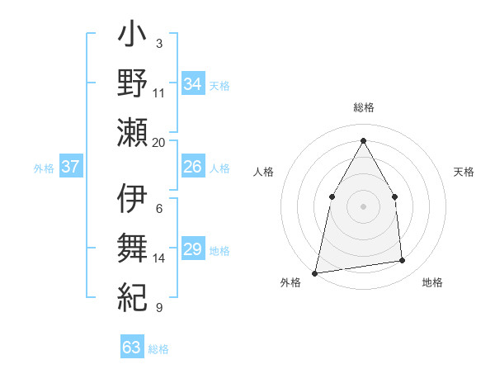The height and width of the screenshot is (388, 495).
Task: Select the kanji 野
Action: pyautogui.click(x=132, y=85)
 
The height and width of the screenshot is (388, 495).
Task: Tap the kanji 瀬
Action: pyautogui.click(x=132, y=131)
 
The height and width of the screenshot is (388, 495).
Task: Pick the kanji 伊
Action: pyautogui.click(x=132, y=199)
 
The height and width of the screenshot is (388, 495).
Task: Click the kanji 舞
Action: pyautogui.click(x=132, y=246)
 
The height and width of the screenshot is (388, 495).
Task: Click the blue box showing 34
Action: pyautogui.click(x=193, y=84)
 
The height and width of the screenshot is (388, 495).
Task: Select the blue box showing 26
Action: pyautogui.click(x=193, y=168)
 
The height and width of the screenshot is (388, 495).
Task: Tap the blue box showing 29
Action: pyautogui.click(x=193, y=249)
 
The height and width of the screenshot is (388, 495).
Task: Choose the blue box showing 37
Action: pyautogui.click(x=71, y=168)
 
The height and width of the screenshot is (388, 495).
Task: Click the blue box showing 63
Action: pyautogui.click(x=132, y=348)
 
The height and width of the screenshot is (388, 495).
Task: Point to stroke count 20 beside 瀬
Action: pyautogui.click(x=159, y=143)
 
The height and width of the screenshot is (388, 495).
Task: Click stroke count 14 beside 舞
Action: pyautogui.click(x=159, y=258)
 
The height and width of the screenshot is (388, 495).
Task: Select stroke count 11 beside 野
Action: pyautogui.click(x=159, y=92)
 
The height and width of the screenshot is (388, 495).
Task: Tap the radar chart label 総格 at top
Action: pyautogui.click(x=363, y=108)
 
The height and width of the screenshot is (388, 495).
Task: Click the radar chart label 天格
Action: pyautogui.click(x=464, y=172)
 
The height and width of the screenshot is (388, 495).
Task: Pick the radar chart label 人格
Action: pyautogui.click(x=263, y=172)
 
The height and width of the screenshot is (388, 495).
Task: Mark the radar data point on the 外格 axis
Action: pyautogui.click(x=314, y=272)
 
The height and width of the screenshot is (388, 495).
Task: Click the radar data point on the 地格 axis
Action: pyautogui.click(x=403, y=261)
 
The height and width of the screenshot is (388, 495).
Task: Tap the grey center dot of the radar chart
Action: pyautogui.click(x=363, y=206)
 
